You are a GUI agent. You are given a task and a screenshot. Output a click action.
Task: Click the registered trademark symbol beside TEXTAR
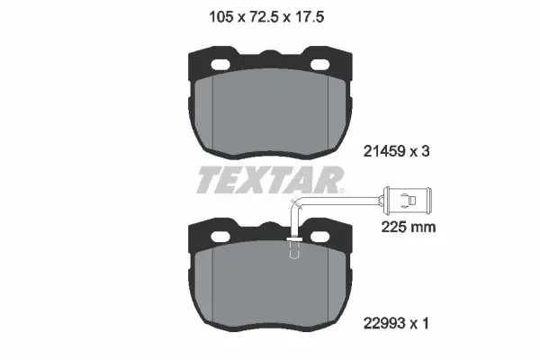click(342, 191)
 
